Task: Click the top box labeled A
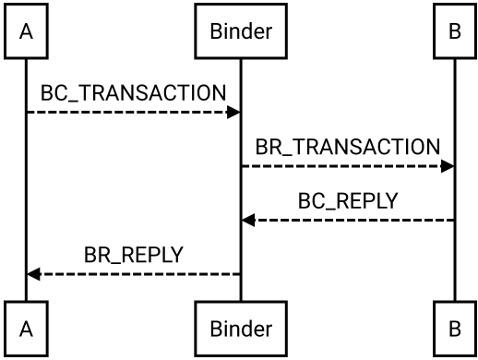click(26, 30)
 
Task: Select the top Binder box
click(241, 30)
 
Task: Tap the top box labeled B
click(455, 30)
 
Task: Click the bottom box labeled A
click(26, 329)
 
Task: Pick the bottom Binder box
click(241, 329)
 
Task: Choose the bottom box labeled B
click(455, 329)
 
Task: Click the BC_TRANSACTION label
click(133, 93)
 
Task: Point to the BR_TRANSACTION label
click(348, 147)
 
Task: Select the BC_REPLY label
click(348, 200)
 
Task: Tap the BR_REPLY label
click(134, 255)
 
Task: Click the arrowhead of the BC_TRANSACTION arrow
click(233, 112)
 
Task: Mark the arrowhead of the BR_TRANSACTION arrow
click(448, 166)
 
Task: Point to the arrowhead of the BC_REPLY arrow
click(248, 220)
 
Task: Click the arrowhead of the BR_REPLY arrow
click(34, 274)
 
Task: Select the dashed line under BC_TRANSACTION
click(133, 112)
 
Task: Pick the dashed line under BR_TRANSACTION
click(348, 166)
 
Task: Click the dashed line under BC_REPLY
click(348, 220)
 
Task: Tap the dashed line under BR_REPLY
click(134, 274)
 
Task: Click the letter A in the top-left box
click(26, 31)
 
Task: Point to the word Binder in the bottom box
click(241, 329)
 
